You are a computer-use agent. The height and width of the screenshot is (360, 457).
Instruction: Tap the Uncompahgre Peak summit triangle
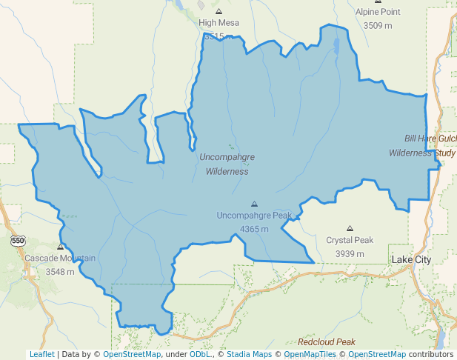254,204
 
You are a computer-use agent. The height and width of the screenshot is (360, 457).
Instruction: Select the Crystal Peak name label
350,241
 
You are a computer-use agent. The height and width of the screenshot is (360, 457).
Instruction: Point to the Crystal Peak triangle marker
350,229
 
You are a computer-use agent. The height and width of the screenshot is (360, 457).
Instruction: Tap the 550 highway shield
17,241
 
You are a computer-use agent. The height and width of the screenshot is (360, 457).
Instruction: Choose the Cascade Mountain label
60,259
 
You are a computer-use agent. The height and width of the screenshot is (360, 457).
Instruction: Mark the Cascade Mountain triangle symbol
60,247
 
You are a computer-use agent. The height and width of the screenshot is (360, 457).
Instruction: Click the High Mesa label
219,23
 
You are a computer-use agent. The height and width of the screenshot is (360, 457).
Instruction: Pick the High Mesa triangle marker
219,11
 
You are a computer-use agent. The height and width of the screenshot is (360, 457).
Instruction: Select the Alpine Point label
378,13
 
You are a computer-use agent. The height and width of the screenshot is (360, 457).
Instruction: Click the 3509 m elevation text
378,25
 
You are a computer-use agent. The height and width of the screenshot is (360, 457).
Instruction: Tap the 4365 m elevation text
254,228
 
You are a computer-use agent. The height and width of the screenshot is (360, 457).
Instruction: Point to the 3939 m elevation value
350,253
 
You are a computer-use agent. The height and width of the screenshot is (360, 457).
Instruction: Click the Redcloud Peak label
327,342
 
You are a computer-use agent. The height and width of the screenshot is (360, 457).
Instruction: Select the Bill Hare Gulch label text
430,139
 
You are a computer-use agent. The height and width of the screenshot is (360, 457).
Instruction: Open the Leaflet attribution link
42,354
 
